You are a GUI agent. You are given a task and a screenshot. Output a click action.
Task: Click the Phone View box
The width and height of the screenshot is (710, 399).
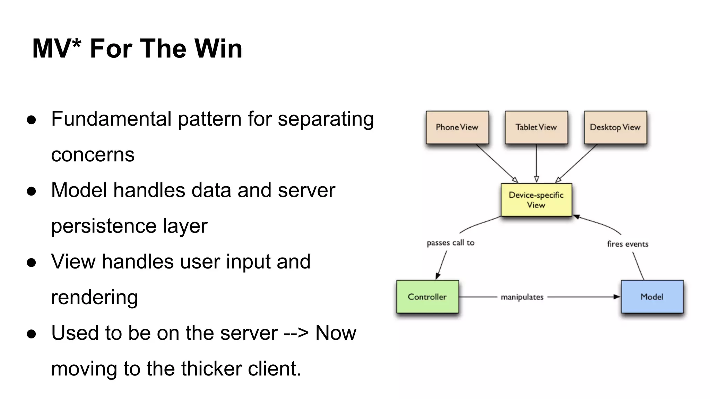[457, 127]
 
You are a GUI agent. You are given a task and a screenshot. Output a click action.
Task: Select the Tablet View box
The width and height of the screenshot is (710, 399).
[536, 127]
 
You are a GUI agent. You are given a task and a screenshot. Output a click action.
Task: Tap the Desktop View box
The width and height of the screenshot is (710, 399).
[615, 127]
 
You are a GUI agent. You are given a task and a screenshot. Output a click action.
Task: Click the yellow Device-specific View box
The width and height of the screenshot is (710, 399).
[536, 200]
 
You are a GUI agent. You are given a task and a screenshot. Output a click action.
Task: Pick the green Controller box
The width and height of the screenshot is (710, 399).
[427, 297]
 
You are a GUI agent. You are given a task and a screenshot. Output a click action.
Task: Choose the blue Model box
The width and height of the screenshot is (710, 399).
[652, 297]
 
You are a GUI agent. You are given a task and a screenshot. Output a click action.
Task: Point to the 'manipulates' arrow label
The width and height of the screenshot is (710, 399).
[522, 297]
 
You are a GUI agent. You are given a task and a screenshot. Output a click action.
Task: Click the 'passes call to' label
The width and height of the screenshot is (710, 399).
[450, 243]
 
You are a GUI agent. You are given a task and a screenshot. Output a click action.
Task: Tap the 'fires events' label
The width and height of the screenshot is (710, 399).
[627, 244]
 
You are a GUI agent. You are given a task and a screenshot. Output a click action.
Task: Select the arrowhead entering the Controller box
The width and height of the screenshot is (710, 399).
[438, 276]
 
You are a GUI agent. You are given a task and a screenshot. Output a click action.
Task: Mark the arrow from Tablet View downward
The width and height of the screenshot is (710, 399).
[536, 163]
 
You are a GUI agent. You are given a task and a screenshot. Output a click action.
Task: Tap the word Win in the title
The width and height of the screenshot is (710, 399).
[218, 48]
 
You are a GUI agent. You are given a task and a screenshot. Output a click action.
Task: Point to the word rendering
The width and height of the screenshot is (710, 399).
[94, 297]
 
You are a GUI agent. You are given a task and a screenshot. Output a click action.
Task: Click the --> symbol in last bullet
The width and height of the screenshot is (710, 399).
[296, 334]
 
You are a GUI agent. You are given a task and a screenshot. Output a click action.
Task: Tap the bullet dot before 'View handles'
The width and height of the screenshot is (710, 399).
[31, 263]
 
